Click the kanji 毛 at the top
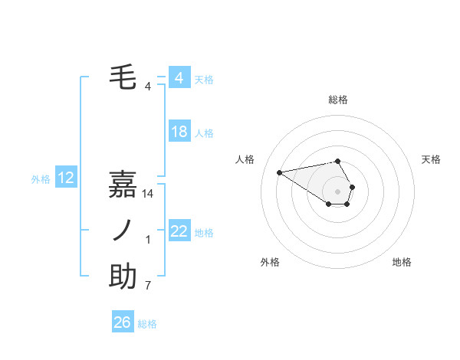point(123,77)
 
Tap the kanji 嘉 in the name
point(123,184)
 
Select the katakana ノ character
point(123,230)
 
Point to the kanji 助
point(123,276)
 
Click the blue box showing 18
point(179,132)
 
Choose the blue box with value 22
point(179,231)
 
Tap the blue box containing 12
point(66,178)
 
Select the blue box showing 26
point(122,322)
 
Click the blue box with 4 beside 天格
point(179,78)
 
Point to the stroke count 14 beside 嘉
point(149,195)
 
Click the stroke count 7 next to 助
point(148,286)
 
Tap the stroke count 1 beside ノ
point(148,240)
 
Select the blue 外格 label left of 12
point(41,179)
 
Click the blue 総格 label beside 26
point(147,324)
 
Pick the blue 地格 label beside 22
point(204,233)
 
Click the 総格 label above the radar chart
point(338,100)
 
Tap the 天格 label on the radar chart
point(431,159)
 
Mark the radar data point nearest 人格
point(280,172)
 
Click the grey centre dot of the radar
point(338,191)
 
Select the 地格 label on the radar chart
point(402,263)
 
